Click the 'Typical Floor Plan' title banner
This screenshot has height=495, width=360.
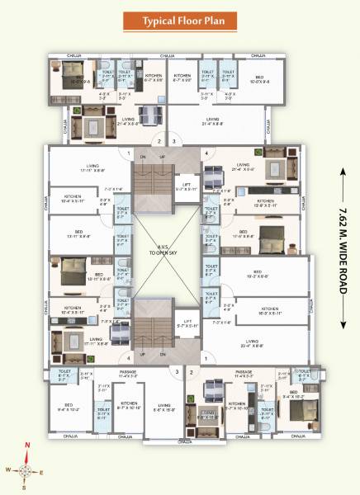179,20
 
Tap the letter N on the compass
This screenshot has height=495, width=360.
27,446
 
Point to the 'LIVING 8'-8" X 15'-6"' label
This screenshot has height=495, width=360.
164,407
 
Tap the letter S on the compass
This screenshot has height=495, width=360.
27,488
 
